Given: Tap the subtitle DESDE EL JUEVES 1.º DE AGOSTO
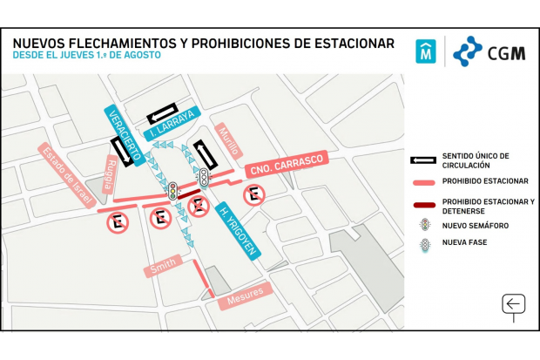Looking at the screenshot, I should pyautogui.click(x=86, y=56).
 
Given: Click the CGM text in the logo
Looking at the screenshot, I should pyautogui.click(x=506, y=52).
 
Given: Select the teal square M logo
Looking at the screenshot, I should pyautogui.click(x=426, y=51).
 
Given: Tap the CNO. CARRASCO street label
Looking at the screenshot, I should pyautogui.click(x=285, y=165).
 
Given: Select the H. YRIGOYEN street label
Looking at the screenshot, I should pyautogui.click(x=237, y=230).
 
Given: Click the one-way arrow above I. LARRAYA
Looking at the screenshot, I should pyautogui.click(x=165, y=114).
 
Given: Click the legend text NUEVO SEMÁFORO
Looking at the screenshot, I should pyautogui.click(x=476, y=226).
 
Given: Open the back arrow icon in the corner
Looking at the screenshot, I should pyautogui.click(x=514, y=304).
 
